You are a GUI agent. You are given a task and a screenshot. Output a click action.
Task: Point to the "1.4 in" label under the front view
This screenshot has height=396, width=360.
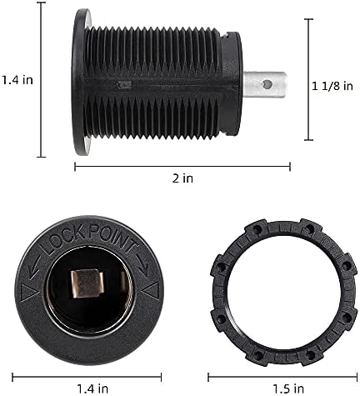(x=93, y=387)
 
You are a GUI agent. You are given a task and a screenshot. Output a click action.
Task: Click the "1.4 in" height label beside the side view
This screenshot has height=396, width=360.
(x=17, y=80)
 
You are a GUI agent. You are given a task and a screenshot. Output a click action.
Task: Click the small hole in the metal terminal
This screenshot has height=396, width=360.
(x=266, y=83)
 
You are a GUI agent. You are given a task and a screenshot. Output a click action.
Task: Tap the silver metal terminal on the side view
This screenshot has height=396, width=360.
(x=264, y=84)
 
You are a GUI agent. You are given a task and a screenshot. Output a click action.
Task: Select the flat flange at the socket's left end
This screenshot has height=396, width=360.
(x=82, y=82)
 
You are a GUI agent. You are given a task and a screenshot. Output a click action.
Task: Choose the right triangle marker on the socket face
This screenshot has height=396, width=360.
(x=152, y=289)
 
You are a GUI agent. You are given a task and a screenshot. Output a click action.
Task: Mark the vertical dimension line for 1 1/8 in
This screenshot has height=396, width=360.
(x=308, y=80)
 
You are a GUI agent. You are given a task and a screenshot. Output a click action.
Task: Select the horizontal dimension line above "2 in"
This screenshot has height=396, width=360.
(x=182, y=166)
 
